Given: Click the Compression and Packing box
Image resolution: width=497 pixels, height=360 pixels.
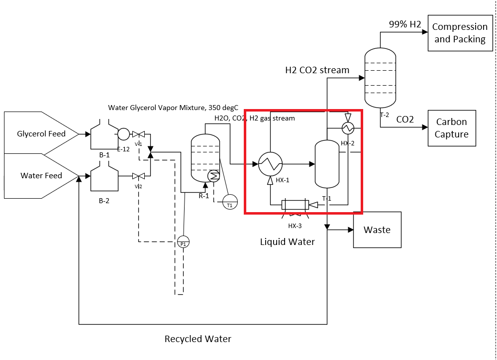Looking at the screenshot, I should (x=460, y=33).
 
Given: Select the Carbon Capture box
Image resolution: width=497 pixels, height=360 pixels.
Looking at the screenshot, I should (x=452, y=128).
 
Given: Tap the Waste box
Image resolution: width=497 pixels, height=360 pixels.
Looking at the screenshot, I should (x=377, y=230).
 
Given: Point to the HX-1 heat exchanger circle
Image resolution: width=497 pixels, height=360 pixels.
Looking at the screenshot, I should (x=270, y=163).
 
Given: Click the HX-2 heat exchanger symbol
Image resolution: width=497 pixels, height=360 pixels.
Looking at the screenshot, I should (x=347, y=128).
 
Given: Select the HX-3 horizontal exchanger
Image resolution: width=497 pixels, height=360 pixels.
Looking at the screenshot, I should (x=295, y=205).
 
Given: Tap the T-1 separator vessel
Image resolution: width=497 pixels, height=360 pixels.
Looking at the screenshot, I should (x=327, y=164).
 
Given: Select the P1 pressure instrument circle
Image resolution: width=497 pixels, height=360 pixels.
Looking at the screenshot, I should (x=184, y=241).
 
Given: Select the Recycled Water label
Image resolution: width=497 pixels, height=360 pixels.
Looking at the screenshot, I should (x=198, y=339).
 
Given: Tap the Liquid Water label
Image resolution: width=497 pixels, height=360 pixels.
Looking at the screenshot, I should (x=288, y=242).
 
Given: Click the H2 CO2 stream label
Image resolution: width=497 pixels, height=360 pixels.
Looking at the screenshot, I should (x=317, y=70).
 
